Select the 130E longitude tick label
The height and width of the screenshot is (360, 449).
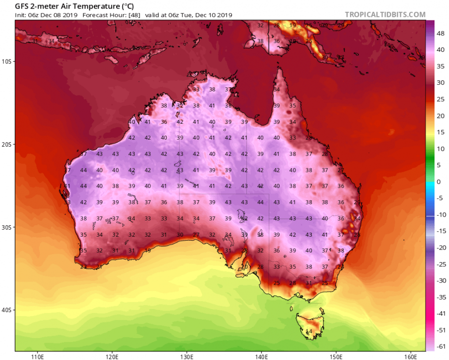point(187,356)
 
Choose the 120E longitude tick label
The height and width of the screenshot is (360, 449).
point(112,356)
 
